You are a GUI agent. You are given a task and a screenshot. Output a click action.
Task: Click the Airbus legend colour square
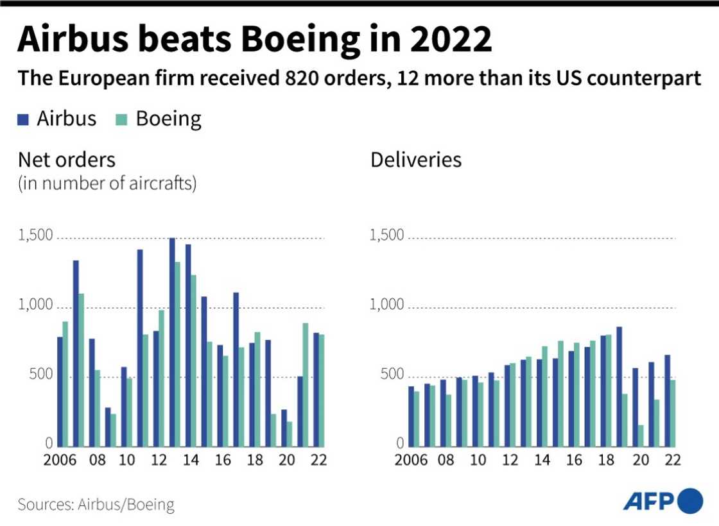pos(24,119)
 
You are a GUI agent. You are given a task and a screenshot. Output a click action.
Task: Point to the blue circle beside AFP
pos(690,501)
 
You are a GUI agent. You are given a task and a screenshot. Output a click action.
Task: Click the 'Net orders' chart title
pos(67,159)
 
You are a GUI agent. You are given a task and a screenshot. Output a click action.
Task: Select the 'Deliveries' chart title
pos(416,159)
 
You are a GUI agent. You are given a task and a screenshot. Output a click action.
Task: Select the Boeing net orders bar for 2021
pos(306,385)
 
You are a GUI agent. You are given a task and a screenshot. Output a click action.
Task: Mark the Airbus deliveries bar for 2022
pos(667,400)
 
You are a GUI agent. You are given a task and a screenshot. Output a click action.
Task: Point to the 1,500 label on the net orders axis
pos(35,236)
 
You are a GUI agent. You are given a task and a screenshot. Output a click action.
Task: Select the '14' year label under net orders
pos(191,459)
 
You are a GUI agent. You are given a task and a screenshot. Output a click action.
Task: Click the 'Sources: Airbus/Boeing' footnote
pos(96,504)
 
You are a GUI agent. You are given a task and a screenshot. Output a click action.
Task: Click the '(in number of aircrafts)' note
pos(107,184)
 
